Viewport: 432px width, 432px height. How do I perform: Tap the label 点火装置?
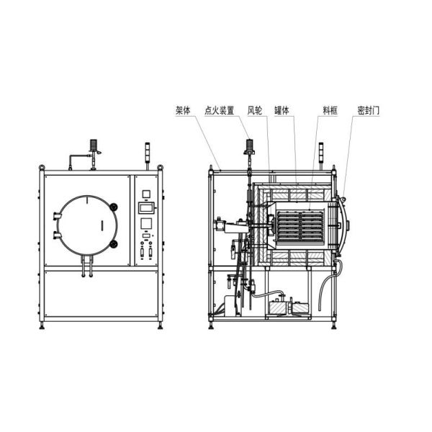220,112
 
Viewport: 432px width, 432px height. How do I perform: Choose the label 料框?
329,112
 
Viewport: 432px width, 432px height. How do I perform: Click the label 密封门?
366,112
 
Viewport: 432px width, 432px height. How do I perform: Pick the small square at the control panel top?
146,193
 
